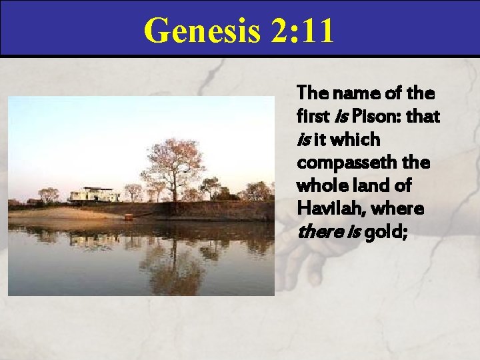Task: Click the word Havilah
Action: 326,209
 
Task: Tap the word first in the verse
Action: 312,117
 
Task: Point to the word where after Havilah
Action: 399,209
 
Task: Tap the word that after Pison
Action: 423,117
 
